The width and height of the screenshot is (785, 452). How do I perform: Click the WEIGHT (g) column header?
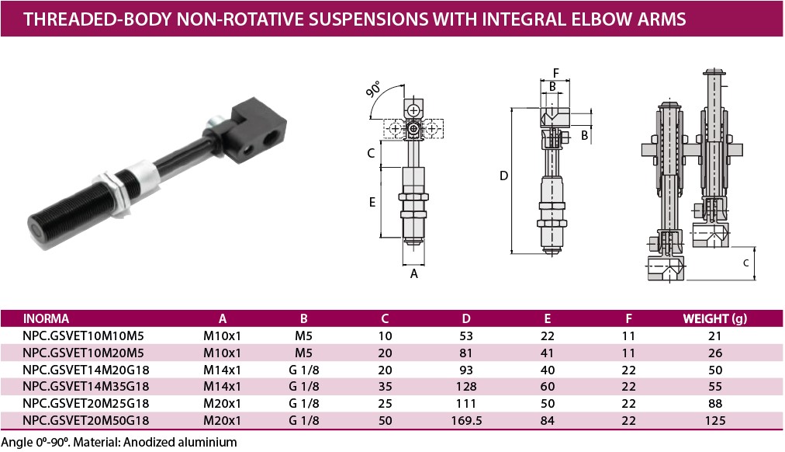(x=714, y=318)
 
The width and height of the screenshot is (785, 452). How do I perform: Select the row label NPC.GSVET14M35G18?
(x=85, y=386)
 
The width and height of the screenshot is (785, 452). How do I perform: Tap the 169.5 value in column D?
(x=466, y=420)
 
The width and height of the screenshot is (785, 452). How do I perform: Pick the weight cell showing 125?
(x=715, y=420)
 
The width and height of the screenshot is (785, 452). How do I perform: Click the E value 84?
(x=547, y=420)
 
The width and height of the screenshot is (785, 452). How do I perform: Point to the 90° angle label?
(x=373, y=89)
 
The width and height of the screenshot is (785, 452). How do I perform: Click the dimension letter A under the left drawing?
(x=414, y=273)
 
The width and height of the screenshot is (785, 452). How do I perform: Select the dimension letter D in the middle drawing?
(x=503, y=176)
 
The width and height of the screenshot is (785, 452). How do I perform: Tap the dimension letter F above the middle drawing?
(x=555, y=73)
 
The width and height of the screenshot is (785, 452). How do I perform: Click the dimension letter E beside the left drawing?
(x=372, y=202)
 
